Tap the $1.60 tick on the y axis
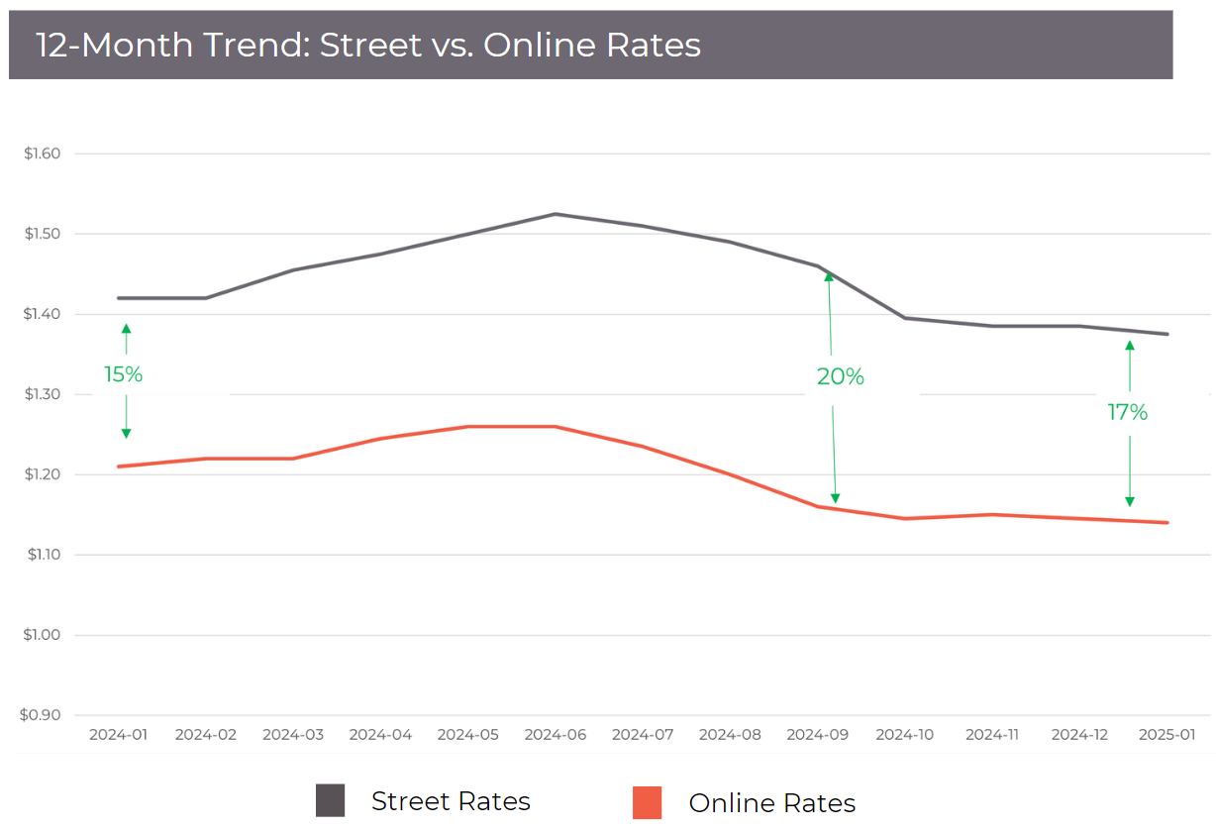click(x=43, y=154)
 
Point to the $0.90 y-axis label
click(x=43, y=715)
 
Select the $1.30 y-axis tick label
click(x=43, y=394)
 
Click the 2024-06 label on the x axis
click(x=555, y=735)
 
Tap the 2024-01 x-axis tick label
click(x=118, y=735)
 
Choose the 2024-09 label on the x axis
click(x=818, y=735)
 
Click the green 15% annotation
click(x=124, y=374)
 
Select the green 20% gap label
click(x=840, y=376)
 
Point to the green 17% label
click(x=1127, y=412)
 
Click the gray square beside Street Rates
click(x=330, y=800)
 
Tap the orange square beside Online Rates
click(x=647, y=802)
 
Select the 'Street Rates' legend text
click(x=451, y=800)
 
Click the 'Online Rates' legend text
click(x=771, y=802)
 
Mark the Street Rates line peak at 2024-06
click(x=555, y=214)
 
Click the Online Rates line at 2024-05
click(x=467, y=427)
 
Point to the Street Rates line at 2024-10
click(x=905, y=318)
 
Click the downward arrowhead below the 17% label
click(x=1130, y=501)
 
